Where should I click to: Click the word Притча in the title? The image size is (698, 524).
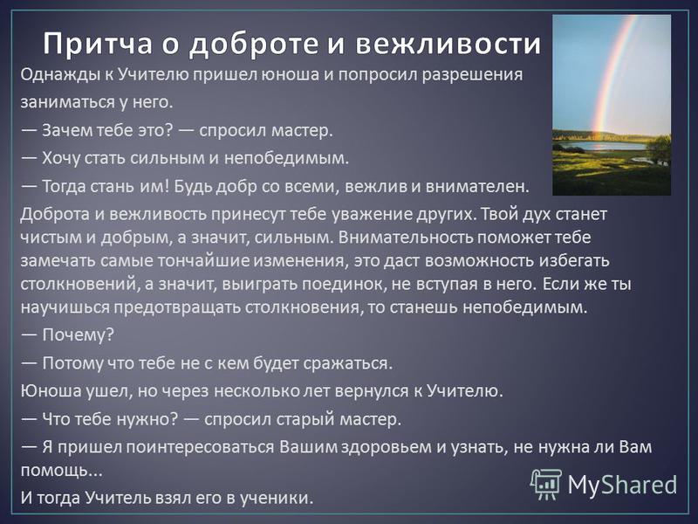pyautogui.click(x=98, y=45)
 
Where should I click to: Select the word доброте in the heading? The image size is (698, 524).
pyautogui.click(x=254, y=45)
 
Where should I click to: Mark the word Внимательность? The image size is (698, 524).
pyautogui.click(x=407, y=237)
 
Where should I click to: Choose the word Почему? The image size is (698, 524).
pyautogui.click(x=75, y=334)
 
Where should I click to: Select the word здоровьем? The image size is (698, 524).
pyautogui.click(x=387, y=447)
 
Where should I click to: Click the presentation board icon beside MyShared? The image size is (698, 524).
pyautogui.click(x=546, y=484)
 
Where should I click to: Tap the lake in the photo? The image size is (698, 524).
pyautogui.click(x=602, y=146)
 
